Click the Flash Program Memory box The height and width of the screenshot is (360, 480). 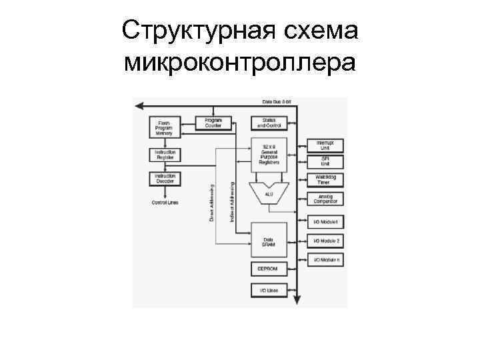tap(164, 127)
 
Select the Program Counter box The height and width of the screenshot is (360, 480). tap(213, 123)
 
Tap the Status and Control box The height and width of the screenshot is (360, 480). tap(269, 123)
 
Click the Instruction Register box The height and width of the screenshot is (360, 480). tap(164, 155)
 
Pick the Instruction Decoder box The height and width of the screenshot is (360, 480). tap(164, 178)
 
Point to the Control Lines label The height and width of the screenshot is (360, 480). tap(164, 202)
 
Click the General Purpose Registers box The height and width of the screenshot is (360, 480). tap(269, 155)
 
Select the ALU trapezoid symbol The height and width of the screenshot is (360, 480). tap(269, 193)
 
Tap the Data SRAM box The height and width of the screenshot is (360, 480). tap(269, 241)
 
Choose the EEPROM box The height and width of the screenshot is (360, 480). tap(269, 269)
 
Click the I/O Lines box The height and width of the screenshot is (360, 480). tap(269, 290)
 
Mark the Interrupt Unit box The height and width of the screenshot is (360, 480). tap(325, 144)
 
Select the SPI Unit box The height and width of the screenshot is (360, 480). tap(325, 161)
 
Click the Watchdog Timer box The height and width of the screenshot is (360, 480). tap(325, 179)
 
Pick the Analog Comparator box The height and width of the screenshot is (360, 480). tap(325, 199)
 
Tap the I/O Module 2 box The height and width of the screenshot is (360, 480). tap(325, 241)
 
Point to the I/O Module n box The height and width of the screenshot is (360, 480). tap(325, 260)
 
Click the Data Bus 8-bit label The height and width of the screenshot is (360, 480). tap(277, 101)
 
